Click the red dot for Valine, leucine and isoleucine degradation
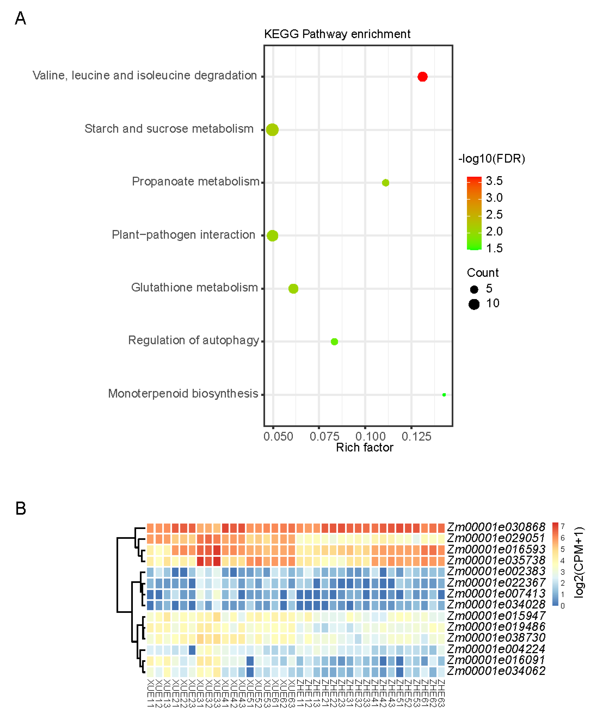[422, 77]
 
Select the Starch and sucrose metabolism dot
[272, 130]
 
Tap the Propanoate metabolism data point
[385, 183]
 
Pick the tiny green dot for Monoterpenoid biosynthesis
[444, 395]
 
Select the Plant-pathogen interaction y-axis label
[184, 235]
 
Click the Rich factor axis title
[365, 448]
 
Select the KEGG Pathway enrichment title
[337, 34]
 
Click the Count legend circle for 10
[474, 304]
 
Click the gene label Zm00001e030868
[496, 527]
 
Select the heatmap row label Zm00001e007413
[496, 594]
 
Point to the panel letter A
[20, 19]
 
